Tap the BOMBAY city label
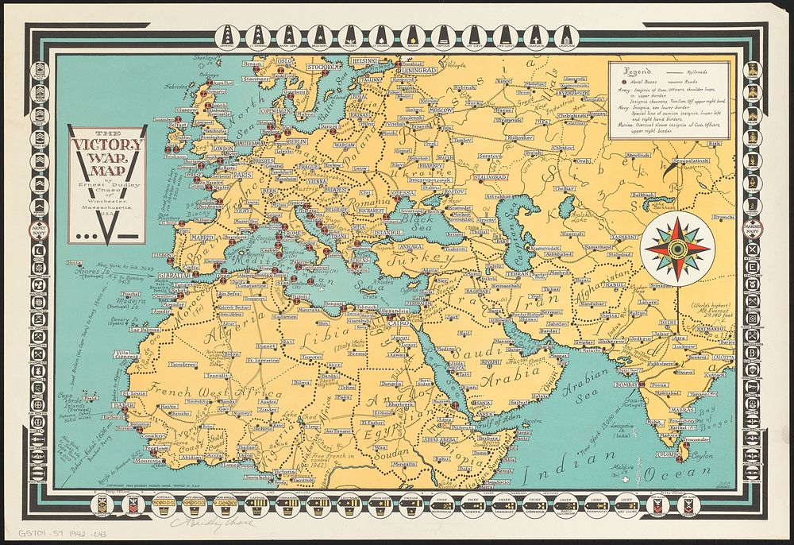pos(626,384)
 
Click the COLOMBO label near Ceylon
pos(664,454)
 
